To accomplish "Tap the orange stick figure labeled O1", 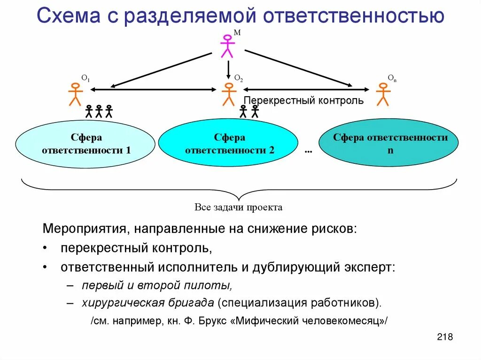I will (75, 94).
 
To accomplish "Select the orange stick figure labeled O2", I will (229, 94).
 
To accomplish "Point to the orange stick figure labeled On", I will (383, 94).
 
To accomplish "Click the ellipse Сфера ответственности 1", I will (85, 144).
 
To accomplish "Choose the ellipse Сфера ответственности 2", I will (229, 144).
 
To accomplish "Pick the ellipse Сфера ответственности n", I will (389, 144).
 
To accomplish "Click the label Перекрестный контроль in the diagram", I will (304, 101).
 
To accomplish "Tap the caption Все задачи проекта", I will (239, 207).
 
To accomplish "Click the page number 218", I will (444, 337).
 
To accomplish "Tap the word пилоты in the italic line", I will (214, 285).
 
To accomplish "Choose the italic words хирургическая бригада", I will (148, 303).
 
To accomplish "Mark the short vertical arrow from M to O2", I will (228, 69).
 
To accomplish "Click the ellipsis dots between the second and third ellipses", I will (309, 150).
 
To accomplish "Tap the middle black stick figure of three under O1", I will (99, 111).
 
